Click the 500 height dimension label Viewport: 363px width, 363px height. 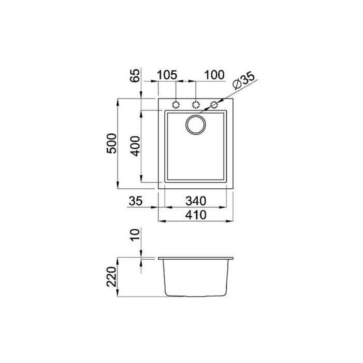(111, 143)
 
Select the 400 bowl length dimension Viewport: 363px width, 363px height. (135, 146)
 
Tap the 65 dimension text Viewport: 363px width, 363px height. (135, 75)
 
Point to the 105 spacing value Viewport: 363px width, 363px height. (167, 75)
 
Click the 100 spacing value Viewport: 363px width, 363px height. (214, 75)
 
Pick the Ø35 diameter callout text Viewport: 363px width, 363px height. (244, 81)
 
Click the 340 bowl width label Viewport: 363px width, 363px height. (196, 201)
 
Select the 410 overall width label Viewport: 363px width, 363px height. (196, 215)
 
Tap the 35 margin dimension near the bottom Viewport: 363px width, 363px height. (136, 201)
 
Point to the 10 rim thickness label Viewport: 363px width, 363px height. (135, 235)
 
